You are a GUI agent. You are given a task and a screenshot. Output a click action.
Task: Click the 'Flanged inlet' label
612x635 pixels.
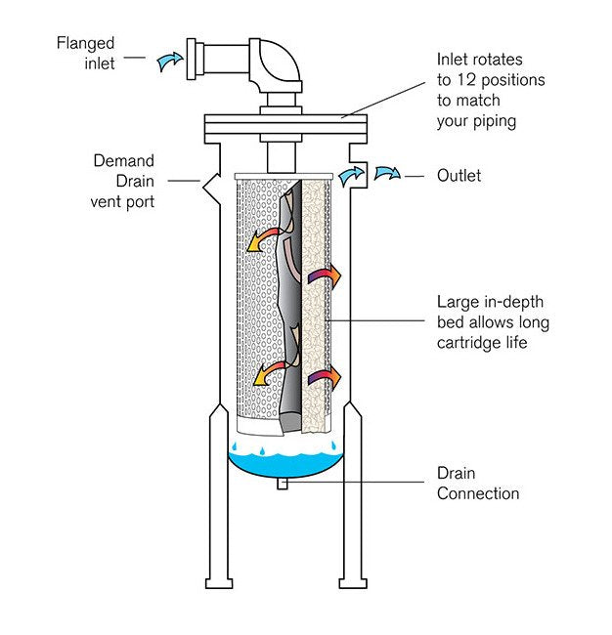pyautogui.click(x=86, y=54)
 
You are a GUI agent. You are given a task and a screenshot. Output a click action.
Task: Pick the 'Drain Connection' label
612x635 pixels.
pyautogui.click(x=478, y=483)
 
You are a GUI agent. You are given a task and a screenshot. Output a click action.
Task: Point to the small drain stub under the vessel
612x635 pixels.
pyautogui.click(x=283, y=483)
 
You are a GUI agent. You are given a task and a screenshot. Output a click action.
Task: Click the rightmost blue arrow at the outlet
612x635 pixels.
pyautogui.click(x=388, y=174)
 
